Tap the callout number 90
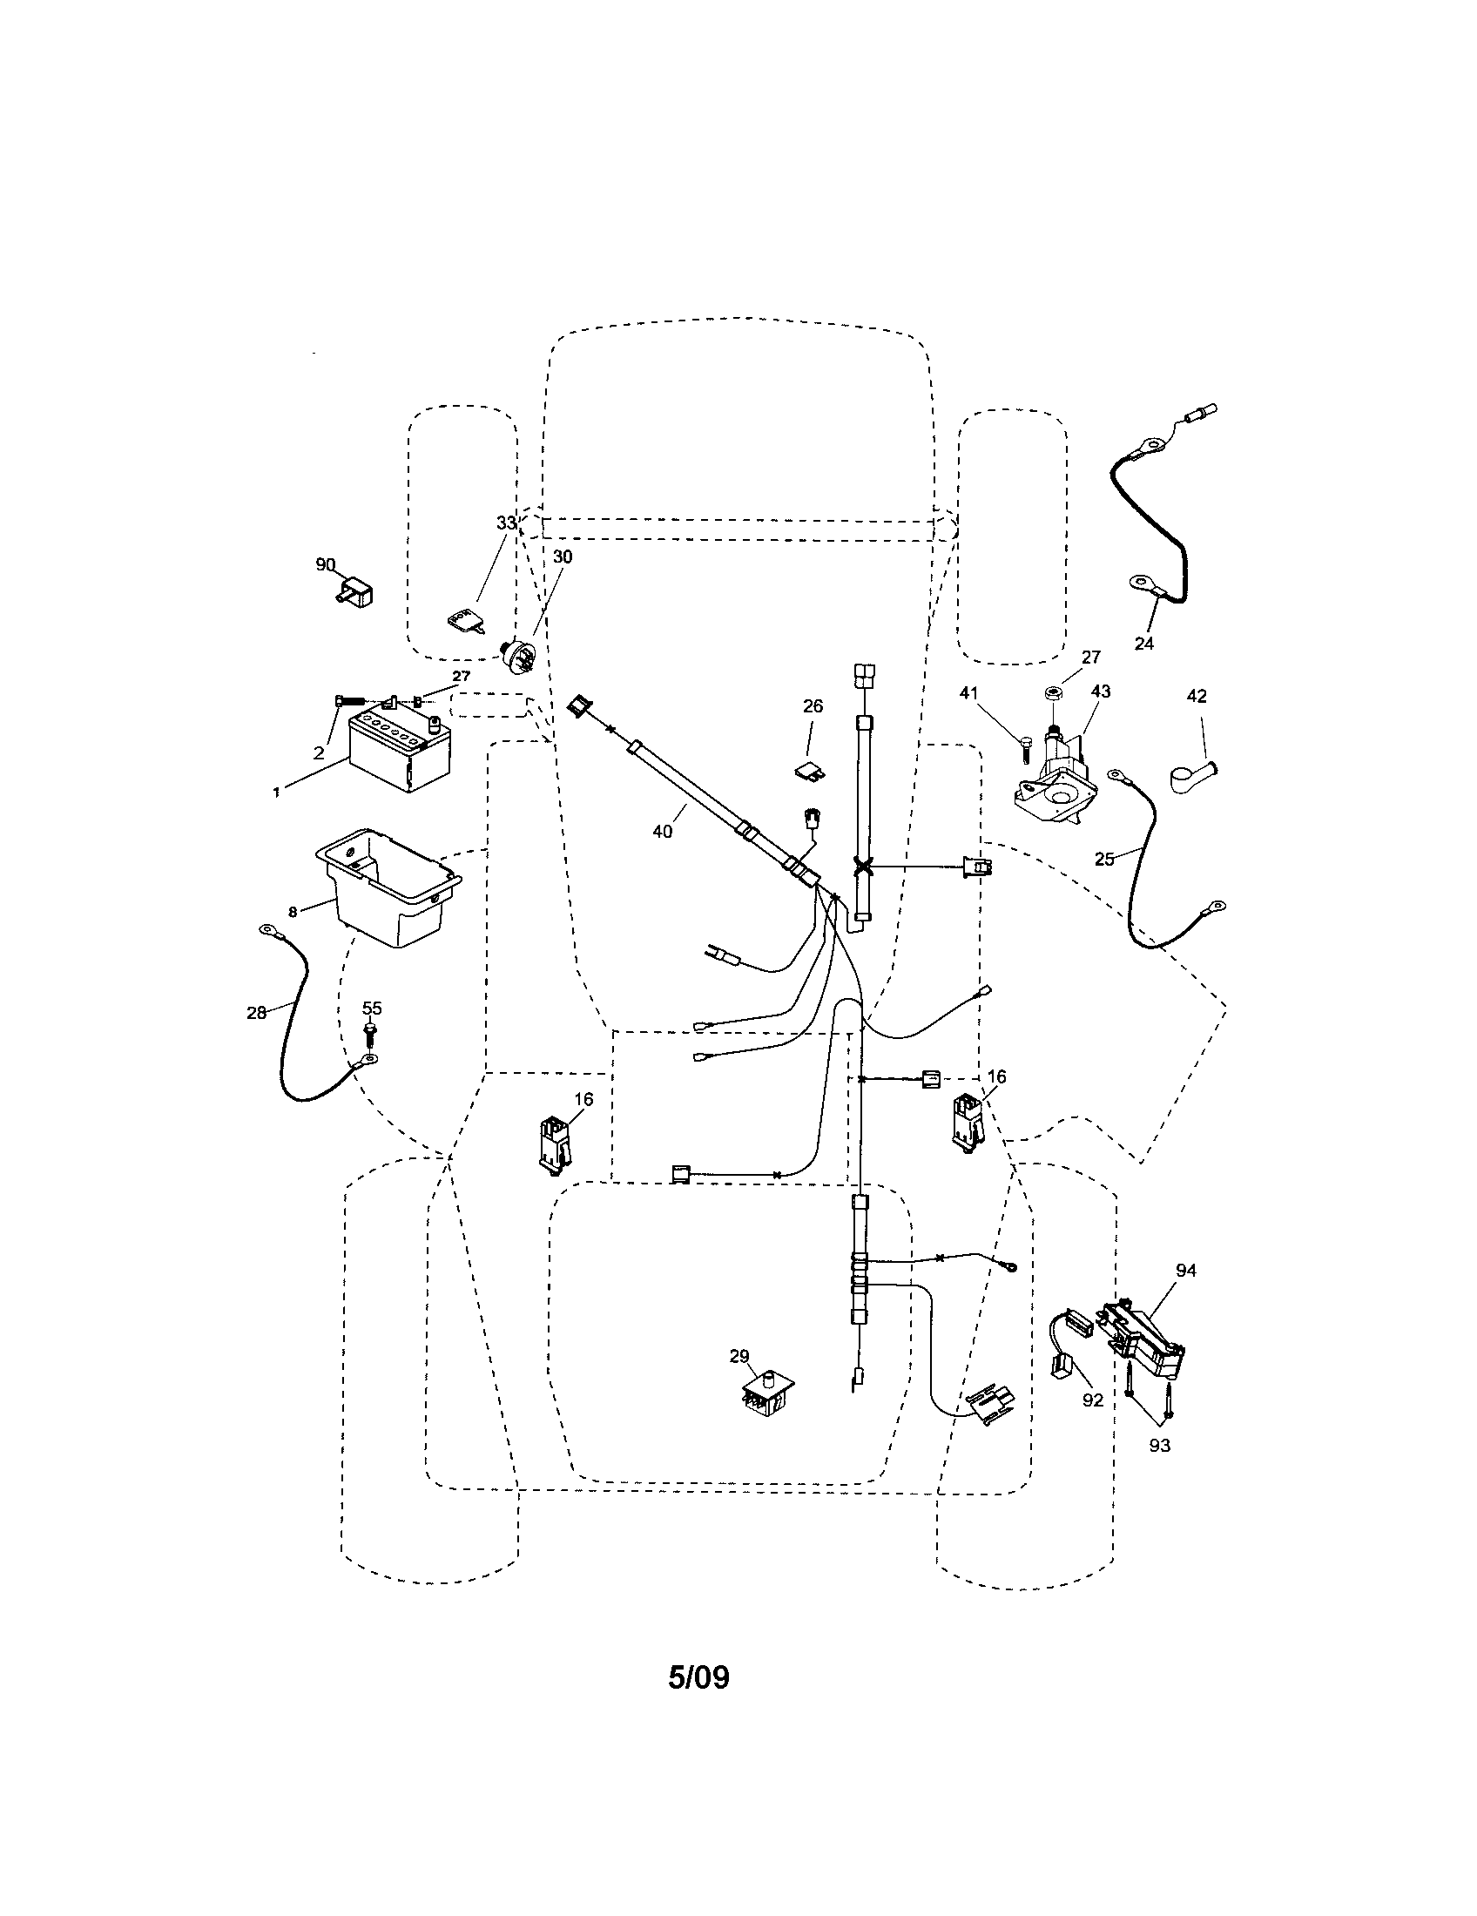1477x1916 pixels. (x=326, y=564)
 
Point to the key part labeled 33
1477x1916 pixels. (x=462, y=621)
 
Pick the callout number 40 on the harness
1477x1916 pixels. (x=663, y=831)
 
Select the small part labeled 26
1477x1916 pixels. (x=809, y=769)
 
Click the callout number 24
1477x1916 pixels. (x=1143, y=643)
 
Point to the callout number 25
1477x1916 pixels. (x=1104, y=859)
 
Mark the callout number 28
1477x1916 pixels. (x=256, y=1012)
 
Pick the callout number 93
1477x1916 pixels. (x=1159, y=1445)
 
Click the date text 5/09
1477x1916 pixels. (x=698, y=1677)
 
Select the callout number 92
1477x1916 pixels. (x=1092, y=1400)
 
